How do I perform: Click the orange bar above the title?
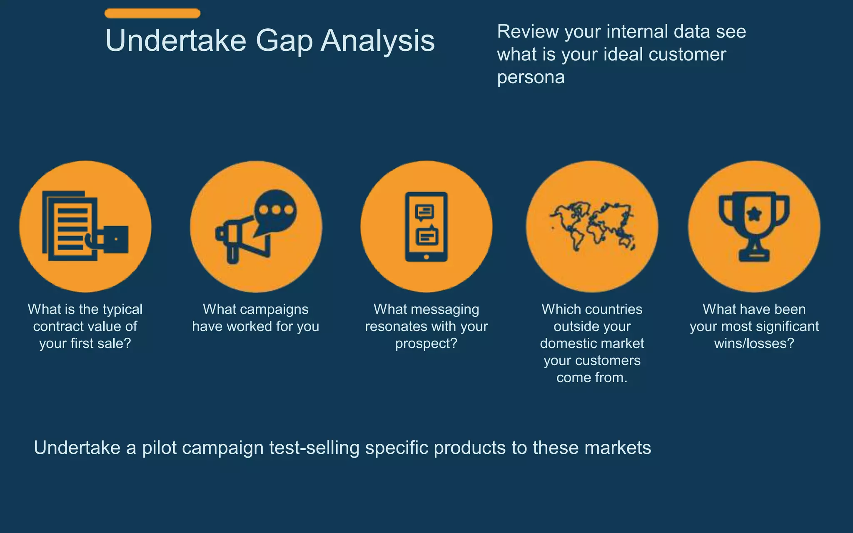152,13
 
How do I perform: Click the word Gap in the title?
284,41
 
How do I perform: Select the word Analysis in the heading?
378,41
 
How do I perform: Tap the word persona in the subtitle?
531,77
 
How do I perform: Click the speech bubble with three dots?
276,210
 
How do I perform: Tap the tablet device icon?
426,227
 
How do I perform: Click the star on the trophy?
754,214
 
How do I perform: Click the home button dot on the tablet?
426,257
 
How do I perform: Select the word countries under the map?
613,309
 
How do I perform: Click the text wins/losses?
754,344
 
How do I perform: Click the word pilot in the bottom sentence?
160,448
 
